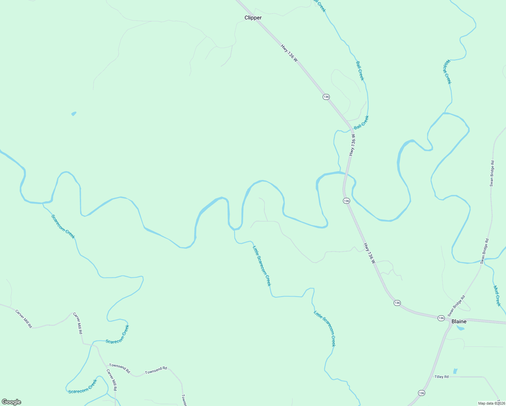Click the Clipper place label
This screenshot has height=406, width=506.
pos(253,18)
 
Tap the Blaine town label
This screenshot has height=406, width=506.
pos(459,321)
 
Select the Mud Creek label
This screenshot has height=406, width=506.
pos(497,296)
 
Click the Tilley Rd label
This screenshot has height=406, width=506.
pos(441,377)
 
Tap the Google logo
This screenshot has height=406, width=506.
pos(11,402)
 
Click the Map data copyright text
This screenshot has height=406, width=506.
pos(491,403)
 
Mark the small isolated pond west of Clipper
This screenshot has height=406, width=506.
pos(74,114)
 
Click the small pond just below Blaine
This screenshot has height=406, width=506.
pos(460,328)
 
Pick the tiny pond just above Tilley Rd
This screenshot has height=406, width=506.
pos(455,371)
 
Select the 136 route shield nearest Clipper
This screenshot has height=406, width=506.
pos(326,97)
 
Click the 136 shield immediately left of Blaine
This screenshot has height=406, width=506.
pos(441,318)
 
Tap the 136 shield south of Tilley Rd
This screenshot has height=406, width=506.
pos(421,393)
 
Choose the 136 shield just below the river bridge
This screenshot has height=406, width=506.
pos(346,201)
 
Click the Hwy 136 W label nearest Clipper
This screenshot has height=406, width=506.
pos(289,53)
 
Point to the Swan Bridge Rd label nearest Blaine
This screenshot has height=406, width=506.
pos(457,306)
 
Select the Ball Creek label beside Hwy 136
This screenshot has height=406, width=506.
pos(361,122)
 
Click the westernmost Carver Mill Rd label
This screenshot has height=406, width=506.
pos(24,319)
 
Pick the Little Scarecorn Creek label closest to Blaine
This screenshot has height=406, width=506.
pos(325,329)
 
